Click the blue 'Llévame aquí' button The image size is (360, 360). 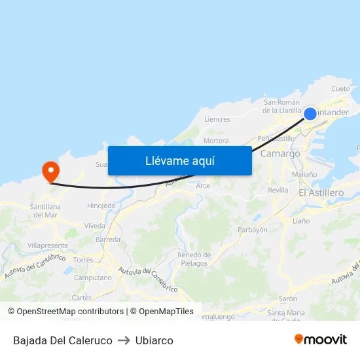pos(179,160)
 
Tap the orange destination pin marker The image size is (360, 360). pos(50,172)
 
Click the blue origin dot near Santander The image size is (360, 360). pos(310,114)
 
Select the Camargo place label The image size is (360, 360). pos(280,153)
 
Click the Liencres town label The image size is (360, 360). pos(217,119)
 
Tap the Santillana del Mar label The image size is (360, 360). pos(46,210)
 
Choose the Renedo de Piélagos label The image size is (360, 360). pos(194,259)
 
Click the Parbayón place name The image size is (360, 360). pos(253,230)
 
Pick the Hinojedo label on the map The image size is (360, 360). pos(101,206)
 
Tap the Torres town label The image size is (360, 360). pos(83,260)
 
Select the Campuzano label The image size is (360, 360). pos(92,277)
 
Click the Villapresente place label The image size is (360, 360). pos(48,245)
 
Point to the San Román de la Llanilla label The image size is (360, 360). pos(281,106)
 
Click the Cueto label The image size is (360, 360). pos(340,88)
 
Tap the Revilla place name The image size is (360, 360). pos(278,190)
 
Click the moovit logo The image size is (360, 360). pos(321,340)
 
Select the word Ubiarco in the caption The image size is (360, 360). pos(154,340)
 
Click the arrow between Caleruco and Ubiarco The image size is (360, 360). pos(124,340)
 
